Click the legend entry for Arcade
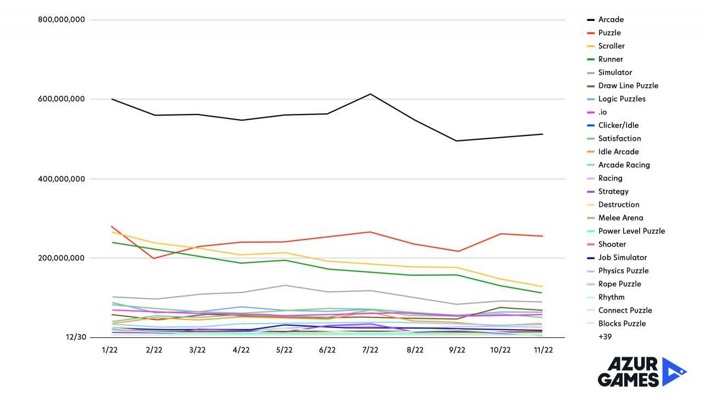click(x=610, y=20)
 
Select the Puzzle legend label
click(x=609, y=33)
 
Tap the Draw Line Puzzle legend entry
click(x=628, y=86)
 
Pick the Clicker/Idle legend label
click(x=618, y=125)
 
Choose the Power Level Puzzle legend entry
click(x=631, y=231)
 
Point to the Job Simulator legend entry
click(x=623, y=258)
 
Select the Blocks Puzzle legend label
click(x=622, y=324)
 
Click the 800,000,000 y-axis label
click(x=61, y=20)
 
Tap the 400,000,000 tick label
click(x=61, y=179)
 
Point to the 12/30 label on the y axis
click(x=76, y=337)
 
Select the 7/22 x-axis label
click(x=370, y=351)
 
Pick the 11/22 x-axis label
click(x=543, y=351)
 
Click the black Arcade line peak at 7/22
click(x=370, y=94)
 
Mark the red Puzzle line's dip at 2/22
click(x=154, y=258)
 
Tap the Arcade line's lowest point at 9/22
click(x=457, y=141)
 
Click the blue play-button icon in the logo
click(x=673, y=372)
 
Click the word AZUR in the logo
click(x=628, y=364)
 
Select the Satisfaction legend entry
click(x=619, y=139)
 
